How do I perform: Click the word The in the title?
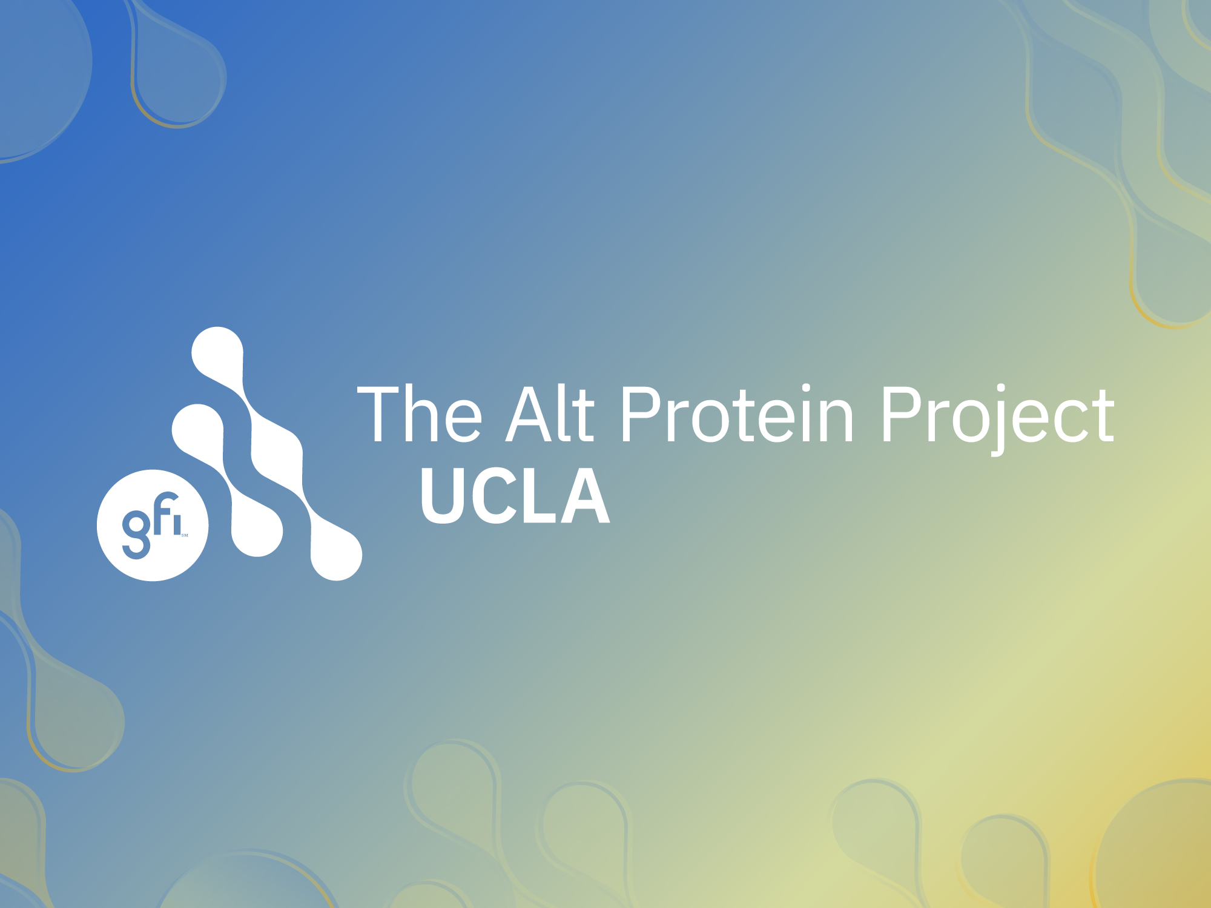pos(420,415)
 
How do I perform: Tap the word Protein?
pos(736,415)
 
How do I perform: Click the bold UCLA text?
pos(515,496)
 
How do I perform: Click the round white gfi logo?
pos(153,525)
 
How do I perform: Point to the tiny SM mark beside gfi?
pos(185,536)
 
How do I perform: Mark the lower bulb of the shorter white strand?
pos(257,531)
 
